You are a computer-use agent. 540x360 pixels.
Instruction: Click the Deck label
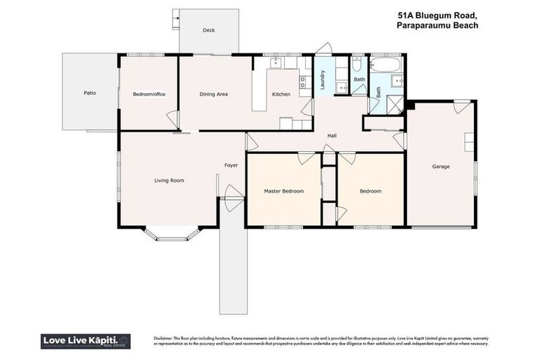pos(208,30)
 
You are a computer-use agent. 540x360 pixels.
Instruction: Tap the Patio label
pos(89,93)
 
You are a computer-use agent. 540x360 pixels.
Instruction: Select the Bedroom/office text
pos(148,94)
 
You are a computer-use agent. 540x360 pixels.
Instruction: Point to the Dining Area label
pos(214,94)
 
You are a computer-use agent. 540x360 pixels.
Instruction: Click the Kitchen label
pos(281,94)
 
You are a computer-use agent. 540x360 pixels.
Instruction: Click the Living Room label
pos(169,181)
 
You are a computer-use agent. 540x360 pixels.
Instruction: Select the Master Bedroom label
pos(283,191)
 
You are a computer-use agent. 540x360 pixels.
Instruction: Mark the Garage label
pos(441,167)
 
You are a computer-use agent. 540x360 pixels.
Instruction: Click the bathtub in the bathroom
pos(385,66)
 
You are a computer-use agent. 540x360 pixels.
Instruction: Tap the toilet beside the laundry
pos(358,65)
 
